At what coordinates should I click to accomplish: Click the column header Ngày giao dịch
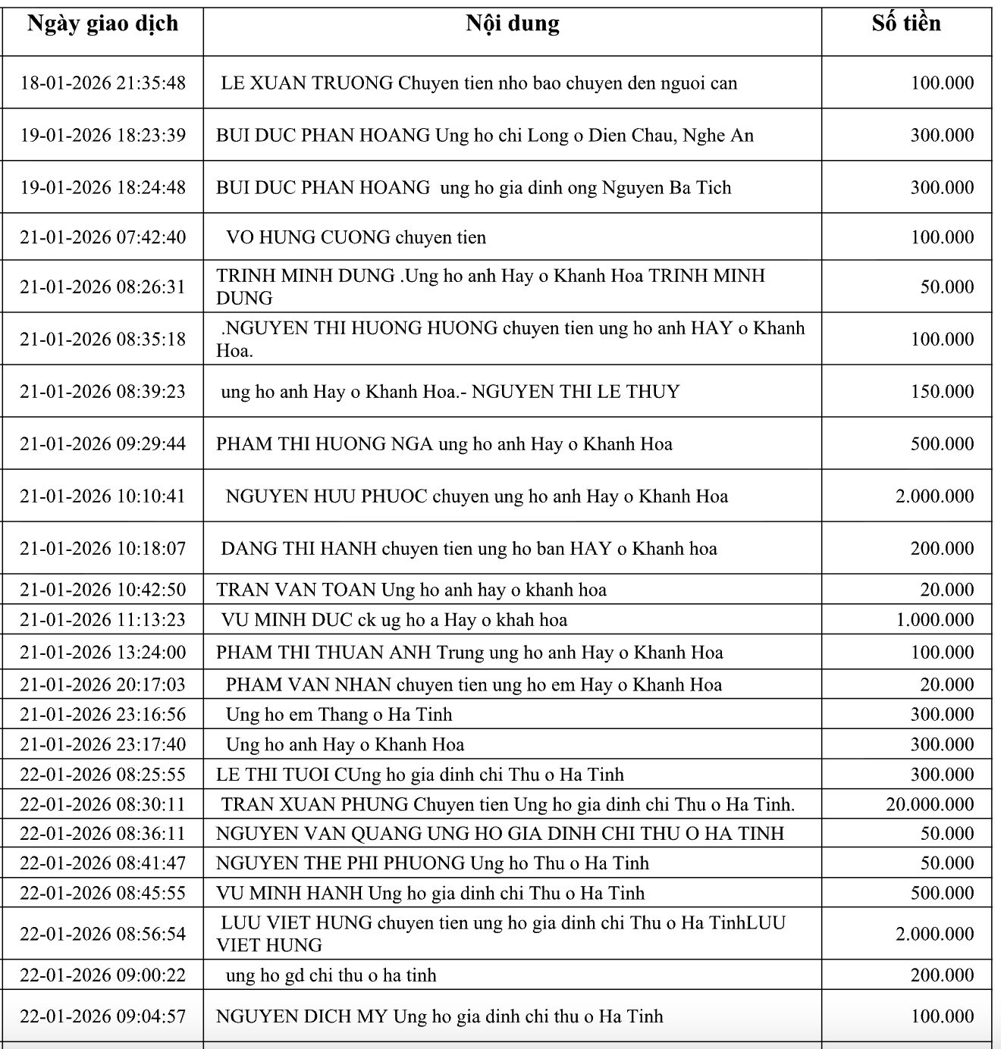(102, 23)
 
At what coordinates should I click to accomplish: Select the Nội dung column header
(513, 23)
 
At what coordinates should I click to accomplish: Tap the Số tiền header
(906, 23)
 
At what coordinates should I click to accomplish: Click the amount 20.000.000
(930, 804)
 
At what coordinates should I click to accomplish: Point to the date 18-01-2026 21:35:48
(102, 83)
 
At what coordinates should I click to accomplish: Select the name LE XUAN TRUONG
(306, 83)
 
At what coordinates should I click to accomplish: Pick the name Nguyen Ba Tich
(667, 187)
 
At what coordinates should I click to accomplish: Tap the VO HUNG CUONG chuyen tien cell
(356, 237)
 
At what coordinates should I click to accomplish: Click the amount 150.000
(943, 391)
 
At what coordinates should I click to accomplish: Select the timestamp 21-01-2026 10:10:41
(102, 496)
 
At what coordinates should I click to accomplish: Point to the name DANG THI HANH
(298, 548)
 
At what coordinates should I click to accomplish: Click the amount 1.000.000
(935, 619)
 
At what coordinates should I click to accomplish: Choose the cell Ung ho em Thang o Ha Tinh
(338, 714)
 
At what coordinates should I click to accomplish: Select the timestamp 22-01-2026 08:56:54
(102, 934)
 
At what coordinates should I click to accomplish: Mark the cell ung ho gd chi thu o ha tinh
(331, 975)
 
